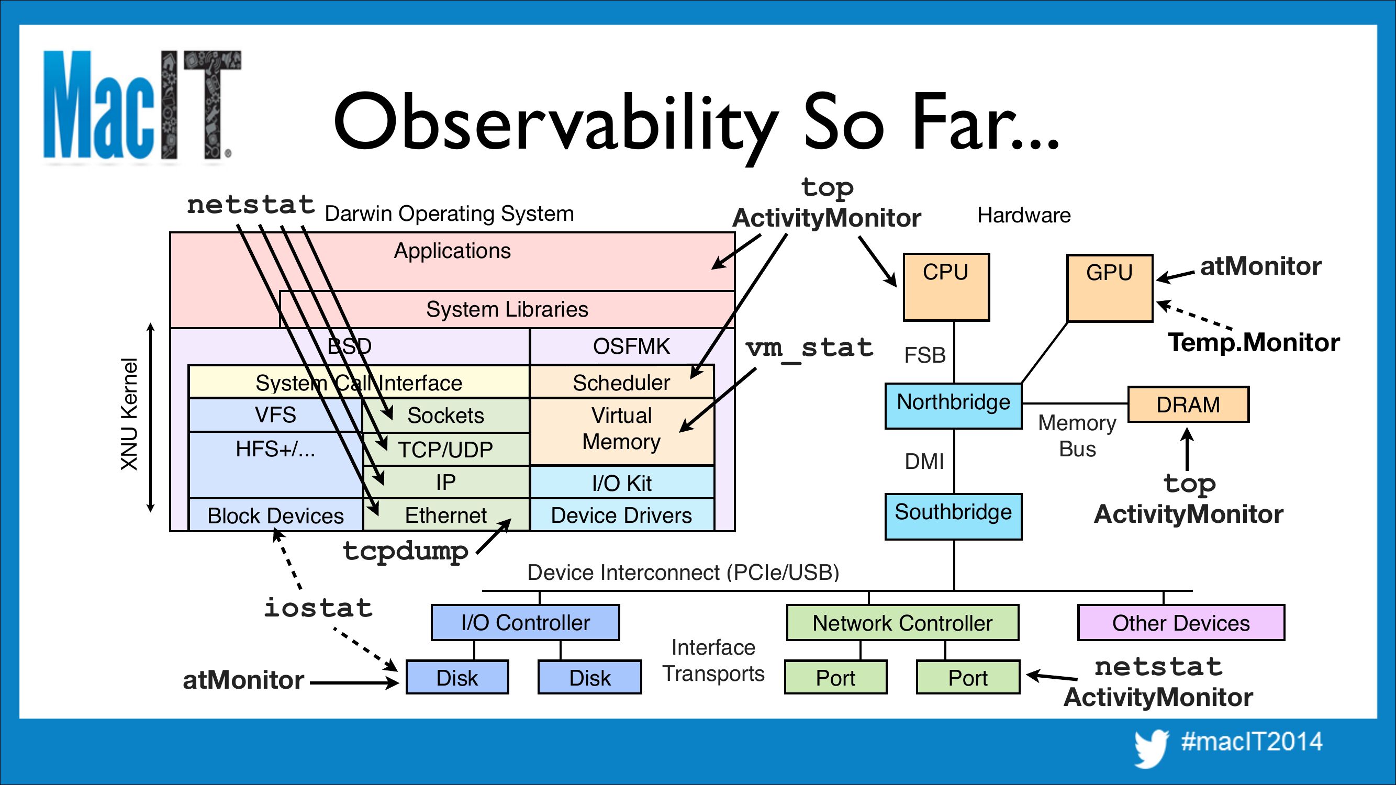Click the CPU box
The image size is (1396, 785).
946,287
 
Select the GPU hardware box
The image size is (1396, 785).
1109,288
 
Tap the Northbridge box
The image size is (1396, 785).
953,406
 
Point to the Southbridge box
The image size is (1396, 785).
953,516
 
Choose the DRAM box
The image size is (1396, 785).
1188,404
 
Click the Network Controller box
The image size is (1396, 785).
902,622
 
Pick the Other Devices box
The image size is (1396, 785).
1181,622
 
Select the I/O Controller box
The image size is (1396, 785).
525,622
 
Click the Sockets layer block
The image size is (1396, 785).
445,416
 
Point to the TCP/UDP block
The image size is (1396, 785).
445,450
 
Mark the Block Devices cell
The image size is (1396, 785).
275,515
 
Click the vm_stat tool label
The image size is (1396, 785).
809,349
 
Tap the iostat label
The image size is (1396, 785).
318,608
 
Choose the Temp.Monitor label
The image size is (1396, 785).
1254,342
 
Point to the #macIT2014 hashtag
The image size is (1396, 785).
1252,741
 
